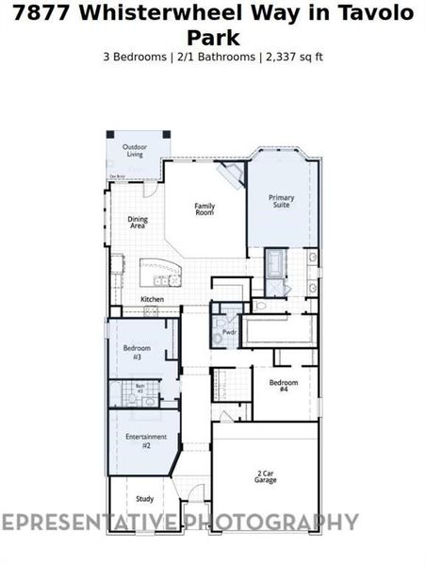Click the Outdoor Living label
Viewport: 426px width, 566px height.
click(135, 150)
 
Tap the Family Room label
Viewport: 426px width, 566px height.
click(205, 209)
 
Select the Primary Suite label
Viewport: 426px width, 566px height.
click(282, 202)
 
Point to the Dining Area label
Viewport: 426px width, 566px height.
click(138, 224)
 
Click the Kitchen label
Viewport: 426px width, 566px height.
click(152, 299)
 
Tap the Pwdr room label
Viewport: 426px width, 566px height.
click(228, 333)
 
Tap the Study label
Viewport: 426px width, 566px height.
click(144, 499)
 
